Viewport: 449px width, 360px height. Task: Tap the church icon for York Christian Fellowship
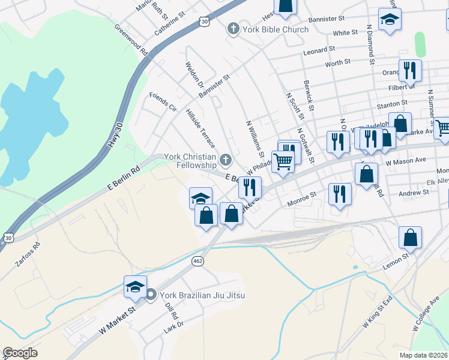[226, 159]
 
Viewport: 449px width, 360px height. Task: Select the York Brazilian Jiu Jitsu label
[198, 295]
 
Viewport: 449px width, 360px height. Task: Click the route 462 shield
[197, 261]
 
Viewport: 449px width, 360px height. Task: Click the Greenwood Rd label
[131, 40]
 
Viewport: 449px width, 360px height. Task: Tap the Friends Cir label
[163, 103]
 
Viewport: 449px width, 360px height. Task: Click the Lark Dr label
[173, 328]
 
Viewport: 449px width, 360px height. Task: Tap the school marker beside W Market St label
[136, 287]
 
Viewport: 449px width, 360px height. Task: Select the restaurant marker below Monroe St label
[340, 194]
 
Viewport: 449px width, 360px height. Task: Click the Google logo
[20, 353]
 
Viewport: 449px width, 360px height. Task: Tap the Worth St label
[337, 62]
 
